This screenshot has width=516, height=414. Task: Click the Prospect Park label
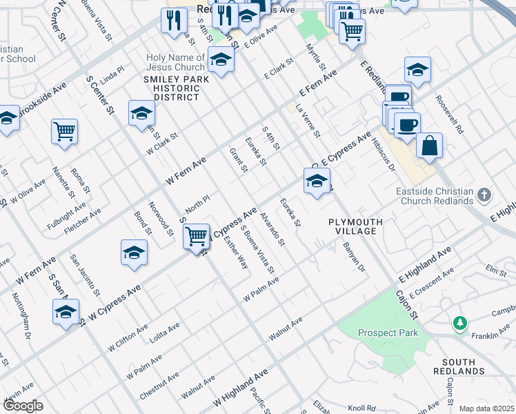(388, 333)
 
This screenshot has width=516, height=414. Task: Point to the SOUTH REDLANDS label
(459, 368)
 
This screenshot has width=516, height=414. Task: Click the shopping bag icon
(429, 146)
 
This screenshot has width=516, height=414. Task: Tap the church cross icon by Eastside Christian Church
(484, 195)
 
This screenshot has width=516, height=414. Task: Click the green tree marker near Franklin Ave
(459, 322)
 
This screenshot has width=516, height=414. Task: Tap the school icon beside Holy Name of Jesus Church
(221, 60)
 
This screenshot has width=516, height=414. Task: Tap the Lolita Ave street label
(164, 333)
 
